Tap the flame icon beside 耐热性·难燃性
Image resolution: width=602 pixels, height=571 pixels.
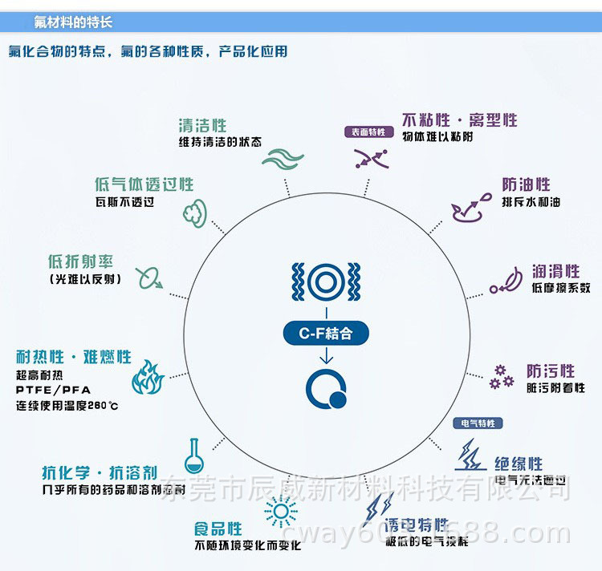(148, 377)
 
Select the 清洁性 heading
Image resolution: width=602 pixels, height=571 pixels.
(202, 126)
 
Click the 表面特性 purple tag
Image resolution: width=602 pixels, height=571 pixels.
(368, 132)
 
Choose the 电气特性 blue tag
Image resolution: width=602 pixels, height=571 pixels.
(478, 423)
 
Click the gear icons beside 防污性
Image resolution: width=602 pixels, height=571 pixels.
(502, 377)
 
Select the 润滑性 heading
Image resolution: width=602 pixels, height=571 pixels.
(555, 272)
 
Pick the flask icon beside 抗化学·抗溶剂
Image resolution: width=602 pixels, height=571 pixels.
(193, 455)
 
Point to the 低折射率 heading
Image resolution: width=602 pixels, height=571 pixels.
(80, 262)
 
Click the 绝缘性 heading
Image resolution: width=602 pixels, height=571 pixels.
(519, 464)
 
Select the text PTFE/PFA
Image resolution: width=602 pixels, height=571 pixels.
(51, 390)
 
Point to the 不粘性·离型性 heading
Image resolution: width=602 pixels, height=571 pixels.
(459, 120)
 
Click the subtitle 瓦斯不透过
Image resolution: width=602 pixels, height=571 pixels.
(124, 203)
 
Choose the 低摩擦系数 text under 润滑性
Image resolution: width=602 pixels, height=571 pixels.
(560, 288)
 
